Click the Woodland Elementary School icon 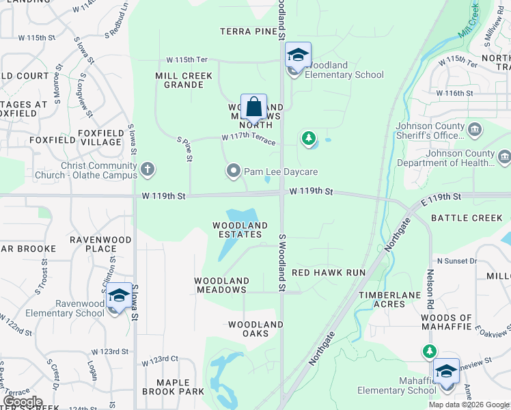click(298, 55)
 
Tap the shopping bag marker click(253, 107)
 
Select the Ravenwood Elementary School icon click(119, 296)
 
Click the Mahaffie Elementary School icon click(446, 371)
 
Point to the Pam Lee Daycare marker click(234, 171)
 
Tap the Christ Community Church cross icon click(148, 169)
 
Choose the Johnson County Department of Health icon click(504, 157)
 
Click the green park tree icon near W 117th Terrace click(309, 139)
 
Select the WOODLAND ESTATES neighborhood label click(240, 230)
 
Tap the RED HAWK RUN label click(329, 272)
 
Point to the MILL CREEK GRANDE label click(184, 80)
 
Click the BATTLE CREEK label click(467, 218)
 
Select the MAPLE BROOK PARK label click(173, 387)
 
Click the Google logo click(23, 402)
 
